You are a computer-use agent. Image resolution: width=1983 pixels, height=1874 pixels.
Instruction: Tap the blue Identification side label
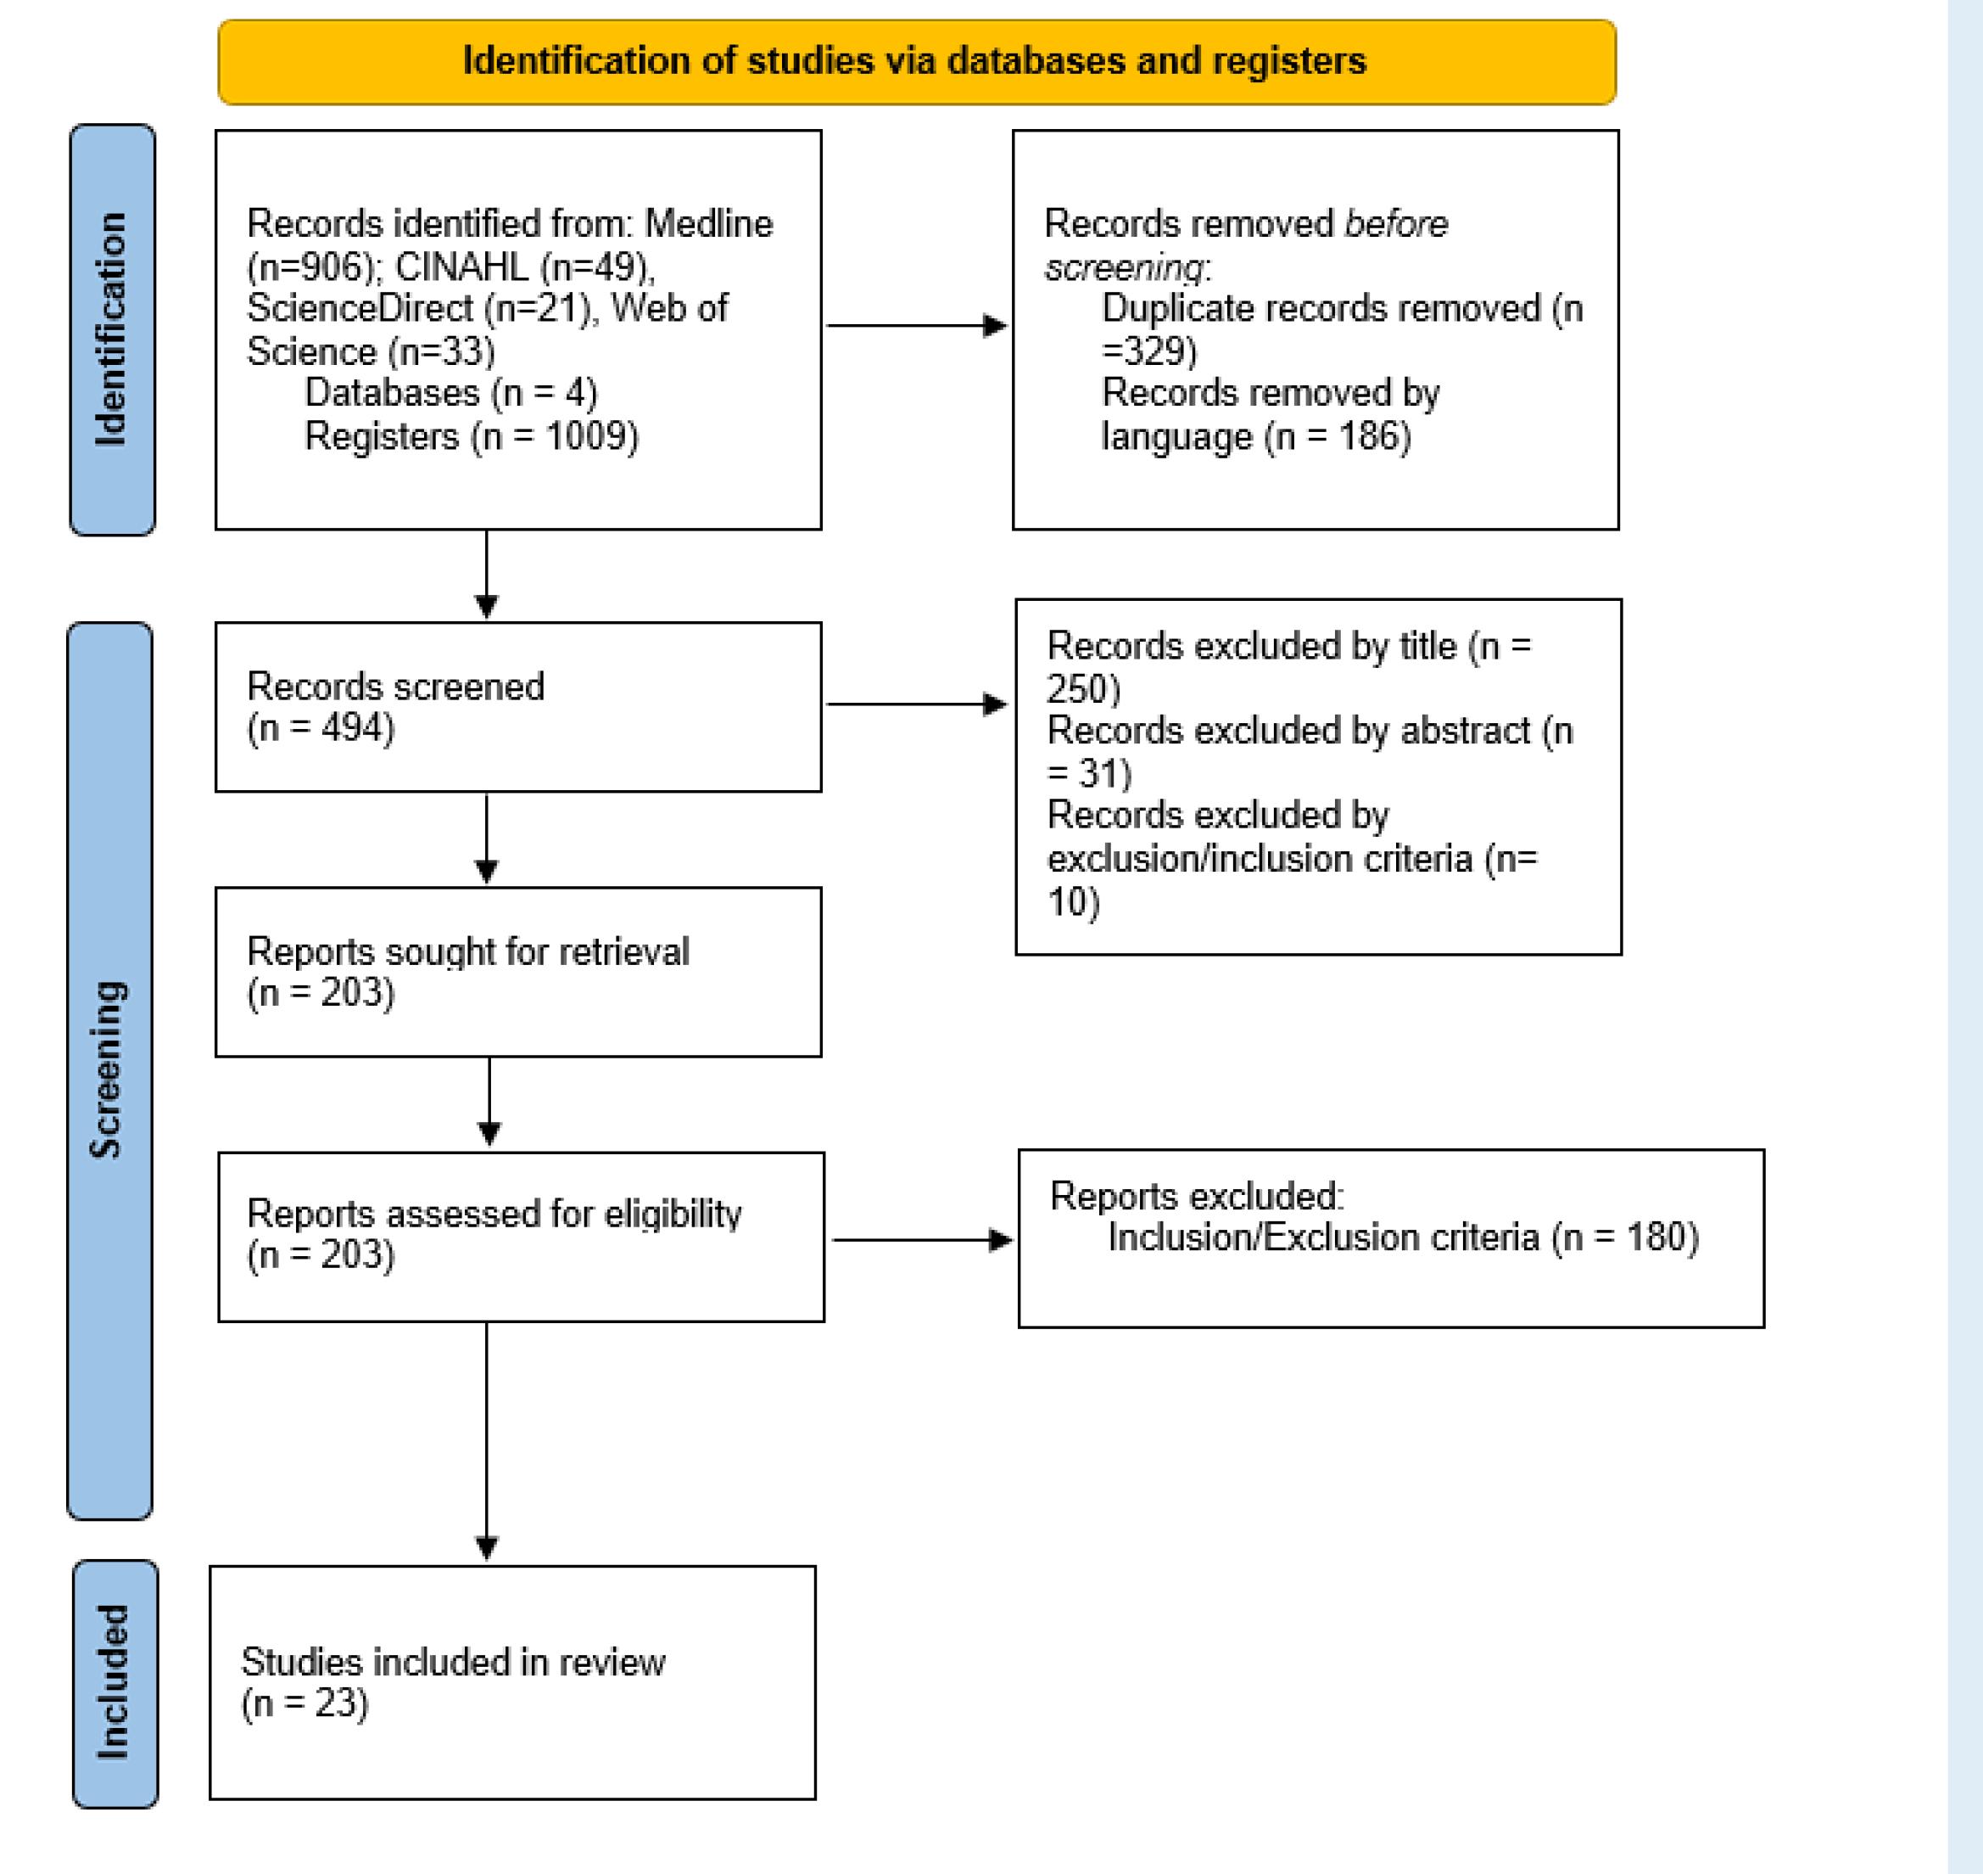click(x=112, y=329)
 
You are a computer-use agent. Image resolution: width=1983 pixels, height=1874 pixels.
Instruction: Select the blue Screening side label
click(x=109, y=1069)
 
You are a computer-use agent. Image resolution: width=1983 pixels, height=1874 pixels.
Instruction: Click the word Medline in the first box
click(x=708, y=224)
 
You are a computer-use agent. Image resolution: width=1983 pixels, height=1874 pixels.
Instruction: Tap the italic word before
click(x=1395, y=224)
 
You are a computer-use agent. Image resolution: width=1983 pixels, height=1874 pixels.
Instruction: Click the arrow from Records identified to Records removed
click(x=916, y=326)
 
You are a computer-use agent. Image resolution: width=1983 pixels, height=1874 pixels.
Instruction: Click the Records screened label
click(x=395, y=687)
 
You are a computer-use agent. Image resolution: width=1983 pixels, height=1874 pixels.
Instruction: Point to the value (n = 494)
click(x=321, y=728)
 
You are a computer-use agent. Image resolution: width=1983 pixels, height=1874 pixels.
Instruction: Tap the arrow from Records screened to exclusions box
click(x=916, y=704)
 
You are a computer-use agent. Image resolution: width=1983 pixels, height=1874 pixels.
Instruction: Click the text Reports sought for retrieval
click(x=467, y=951)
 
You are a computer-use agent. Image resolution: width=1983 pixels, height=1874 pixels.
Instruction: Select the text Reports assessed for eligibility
click(x=494, y=1213)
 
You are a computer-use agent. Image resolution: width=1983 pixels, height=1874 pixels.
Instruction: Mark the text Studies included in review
click(x=452, y=1661)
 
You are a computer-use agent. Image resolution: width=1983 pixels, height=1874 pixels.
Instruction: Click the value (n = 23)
click(x=304, y=1703)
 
